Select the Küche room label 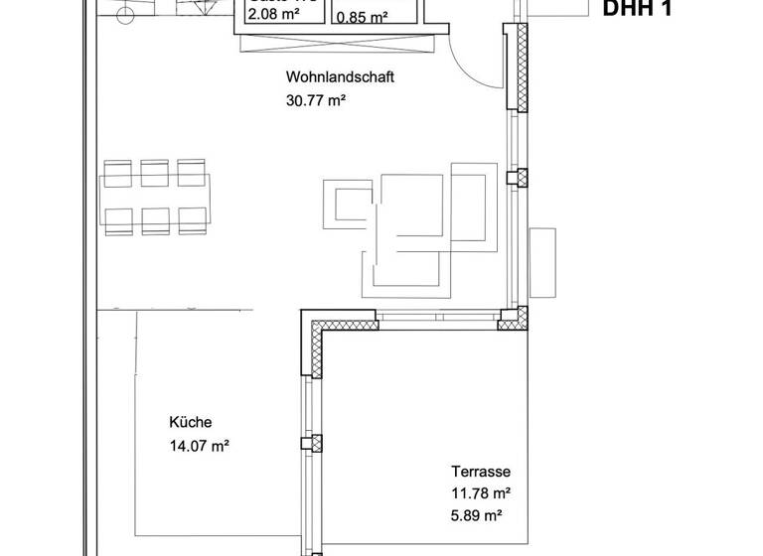coord(191,422)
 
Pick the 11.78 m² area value coord(481,493)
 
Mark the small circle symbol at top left coord(124,14)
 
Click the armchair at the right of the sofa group coord(470,204)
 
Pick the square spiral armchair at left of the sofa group coord(349,205)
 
